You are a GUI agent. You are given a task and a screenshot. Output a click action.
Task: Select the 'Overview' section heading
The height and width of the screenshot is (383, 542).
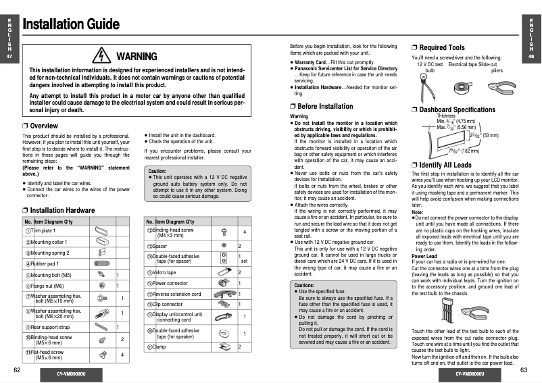(x=40, y=126)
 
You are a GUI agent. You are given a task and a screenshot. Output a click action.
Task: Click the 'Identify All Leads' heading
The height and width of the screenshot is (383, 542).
(x=445, y=164)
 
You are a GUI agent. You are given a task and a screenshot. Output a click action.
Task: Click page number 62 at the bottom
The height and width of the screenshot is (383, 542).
(x=16, y=370)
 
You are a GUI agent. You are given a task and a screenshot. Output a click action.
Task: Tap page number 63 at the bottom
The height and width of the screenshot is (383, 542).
(x=524, y=370)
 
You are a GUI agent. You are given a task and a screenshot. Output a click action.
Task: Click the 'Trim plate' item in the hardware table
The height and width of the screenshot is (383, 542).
(x=43, y=231)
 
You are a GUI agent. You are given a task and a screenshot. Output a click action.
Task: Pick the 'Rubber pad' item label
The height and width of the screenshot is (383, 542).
(x=45, y=263)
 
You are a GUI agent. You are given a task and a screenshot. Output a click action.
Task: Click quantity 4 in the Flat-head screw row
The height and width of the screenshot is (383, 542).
(x=122, y=355)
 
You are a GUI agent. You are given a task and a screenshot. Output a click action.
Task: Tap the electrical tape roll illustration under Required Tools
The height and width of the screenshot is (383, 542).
(x=464, y=86)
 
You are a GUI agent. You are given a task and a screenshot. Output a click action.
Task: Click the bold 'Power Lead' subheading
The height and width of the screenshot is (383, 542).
(x=424, y=256)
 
